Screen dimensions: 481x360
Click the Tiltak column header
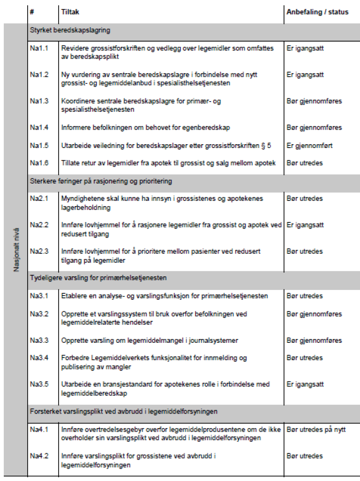(x=70, y=12)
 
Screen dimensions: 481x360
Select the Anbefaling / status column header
(x=317, y=12)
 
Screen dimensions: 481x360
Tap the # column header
(x=32, y=12)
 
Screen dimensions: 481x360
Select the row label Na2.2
(x=39, y=225)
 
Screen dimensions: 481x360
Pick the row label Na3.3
(x=39, y=340)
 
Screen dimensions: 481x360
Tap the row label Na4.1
(x=39, y=429)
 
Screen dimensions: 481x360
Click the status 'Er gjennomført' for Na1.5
(x=309, y=146)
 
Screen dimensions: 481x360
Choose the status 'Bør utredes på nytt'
(x=316, y=429)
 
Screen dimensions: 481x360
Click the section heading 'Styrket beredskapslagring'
(x=70, y=30)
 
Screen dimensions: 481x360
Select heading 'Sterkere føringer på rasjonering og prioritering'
(x=101, y=181)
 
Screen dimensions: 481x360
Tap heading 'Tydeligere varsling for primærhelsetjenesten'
(x=98, y=278)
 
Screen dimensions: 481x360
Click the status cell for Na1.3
(x=314, y=101)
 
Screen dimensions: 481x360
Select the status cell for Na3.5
(x=305, y=385)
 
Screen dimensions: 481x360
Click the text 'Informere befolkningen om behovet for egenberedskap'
(x=146, y=128)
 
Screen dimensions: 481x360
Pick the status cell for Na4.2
(x=305, y=456)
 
